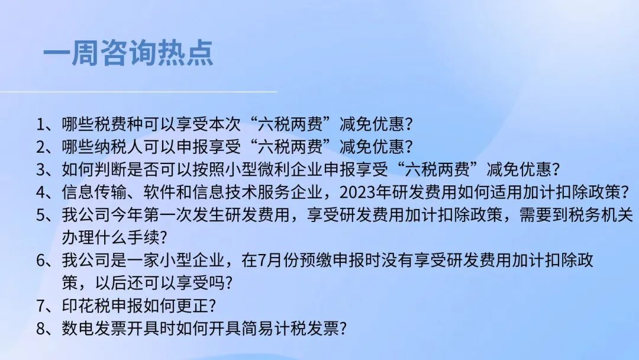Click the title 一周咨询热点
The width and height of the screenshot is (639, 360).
tap(128, 53)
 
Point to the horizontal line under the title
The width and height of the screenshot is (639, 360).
tap(138, 92)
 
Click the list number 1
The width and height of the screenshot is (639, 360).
tap(40, 124)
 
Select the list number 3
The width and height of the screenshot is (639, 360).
tap(40, 169)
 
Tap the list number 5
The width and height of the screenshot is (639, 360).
tap(40, 216)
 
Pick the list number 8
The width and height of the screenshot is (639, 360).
tap(40, 329)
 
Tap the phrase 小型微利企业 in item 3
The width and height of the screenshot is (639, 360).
tap(274, 169)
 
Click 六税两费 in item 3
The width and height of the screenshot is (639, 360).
tap(437, 169)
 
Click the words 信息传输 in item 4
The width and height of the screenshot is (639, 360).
tap(94, 192)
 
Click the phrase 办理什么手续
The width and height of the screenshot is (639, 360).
tap(111, 237)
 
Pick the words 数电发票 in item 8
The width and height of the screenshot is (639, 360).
tap(94, 329)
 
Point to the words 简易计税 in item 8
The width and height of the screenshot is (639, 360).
tap(274, 329)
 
